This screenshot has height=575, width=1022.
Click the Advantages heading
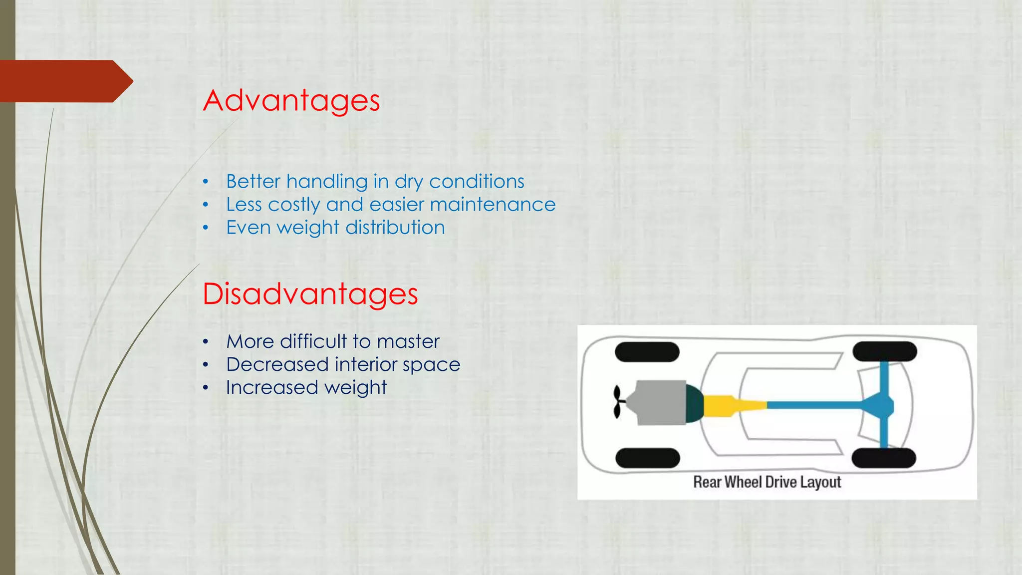click(291, 101)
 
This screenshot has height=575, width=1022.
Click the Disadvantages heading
click(310, 294)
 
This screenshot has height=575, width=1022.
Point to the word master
click(408, 342)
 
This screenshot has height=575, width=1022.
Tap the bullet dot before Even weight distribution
click(205, 228)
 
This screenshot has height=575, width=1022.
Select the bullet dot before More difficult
click(205, 342)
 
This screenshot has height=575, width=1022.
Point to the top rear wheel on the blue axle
click(885, 351)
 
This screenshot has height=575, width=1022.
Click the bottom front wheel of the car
click(647, 458)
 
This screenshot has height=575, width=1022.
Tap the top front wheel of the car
click(647, 352)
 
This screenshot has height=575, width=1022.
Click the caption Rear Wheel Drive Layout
click(767, 482)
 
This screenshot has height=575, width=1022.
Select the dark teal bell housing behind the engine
click(694, 403)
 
